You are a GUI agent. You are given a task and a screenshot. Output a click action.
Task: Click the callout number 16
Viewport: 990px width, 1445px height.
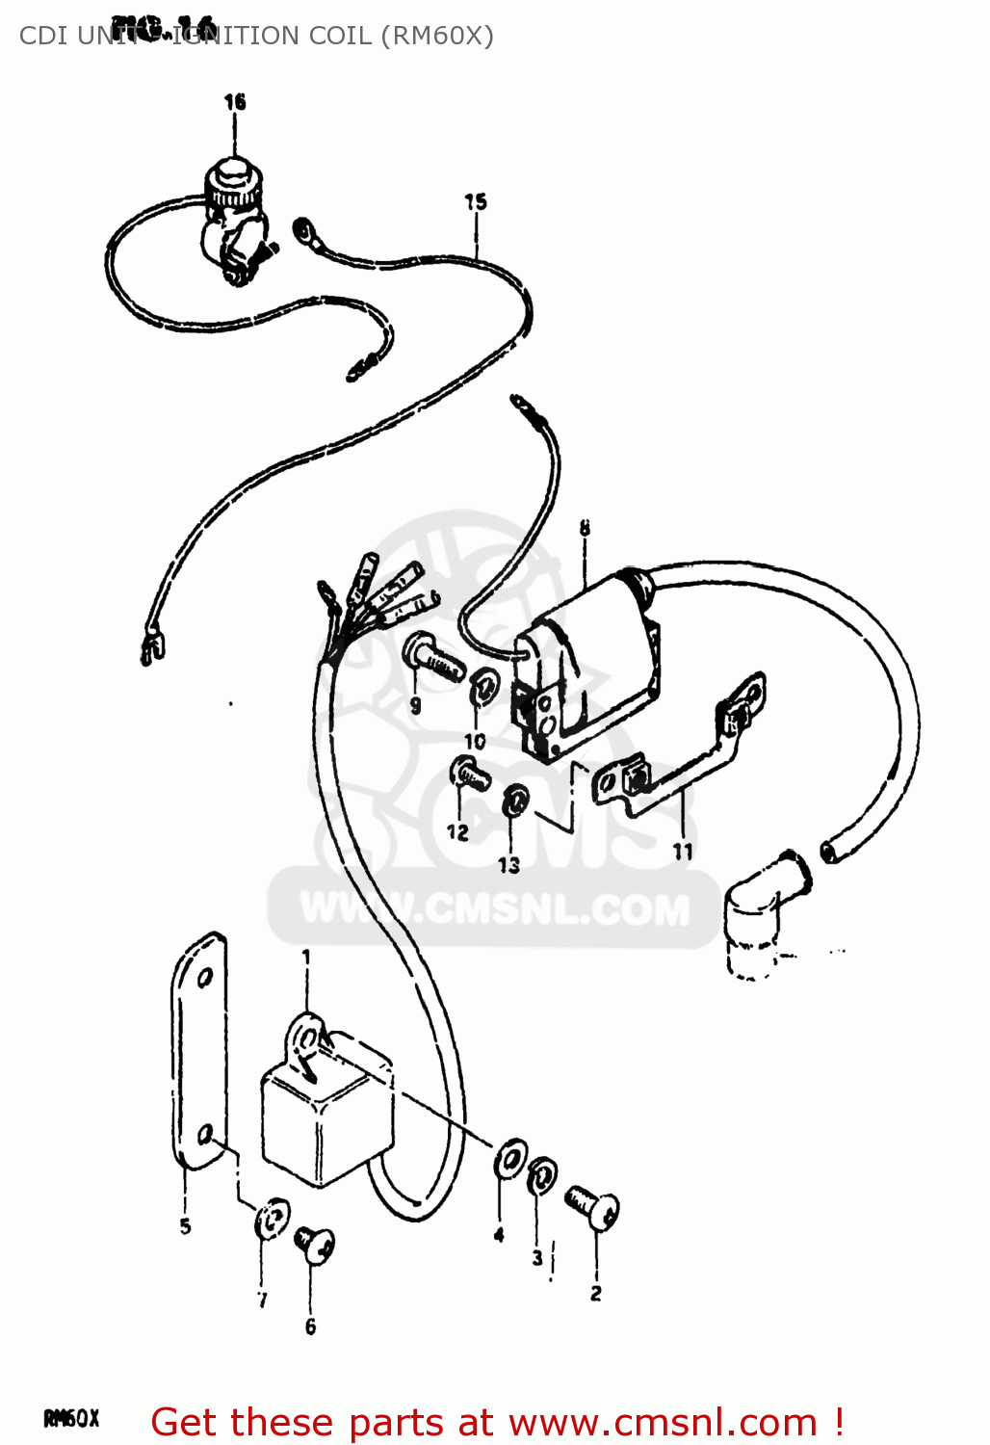tap(235, 102)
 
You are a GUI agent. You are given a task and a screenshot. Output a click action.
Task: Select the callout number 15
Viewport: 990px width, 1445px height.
tap(476, 202)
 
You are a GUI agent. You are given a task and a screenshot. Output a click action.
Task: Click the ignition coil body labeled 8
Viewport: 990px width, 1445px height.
tap(587, 665)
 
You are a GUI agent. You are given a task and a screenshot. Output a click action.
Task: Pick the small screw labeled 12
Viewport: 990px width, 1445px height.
tap(470, 771)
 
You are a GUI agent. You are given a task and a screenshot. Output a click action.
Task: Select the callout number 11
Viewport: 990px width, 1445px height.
tap(683, 852)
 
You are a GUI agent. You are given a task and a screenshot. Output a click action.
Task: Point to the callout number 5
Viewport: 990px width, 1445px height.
tap(185, 1226)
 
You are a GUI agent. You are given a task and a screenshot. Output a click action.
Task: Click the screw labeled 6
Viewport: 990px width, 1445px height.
tap(315, 1244)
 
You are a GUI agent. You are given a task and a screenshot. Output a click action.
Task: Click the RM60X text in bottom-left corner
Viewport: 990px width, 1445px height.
tap(71, 1418)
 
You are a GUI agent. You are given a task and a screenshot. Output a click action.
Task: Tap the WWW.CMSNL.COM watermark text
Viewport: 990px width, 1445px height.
tap(495, 909)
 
